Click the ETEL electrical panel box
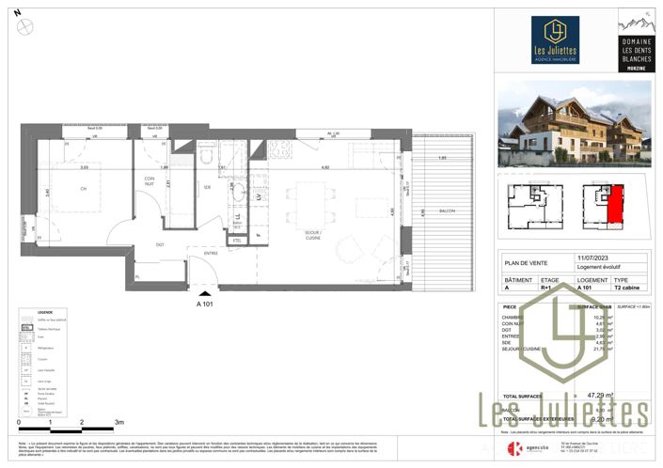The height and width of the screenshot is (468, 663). tap(238, 241)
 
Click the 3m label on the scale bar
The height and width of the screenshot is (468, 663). tap(118, 423)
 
